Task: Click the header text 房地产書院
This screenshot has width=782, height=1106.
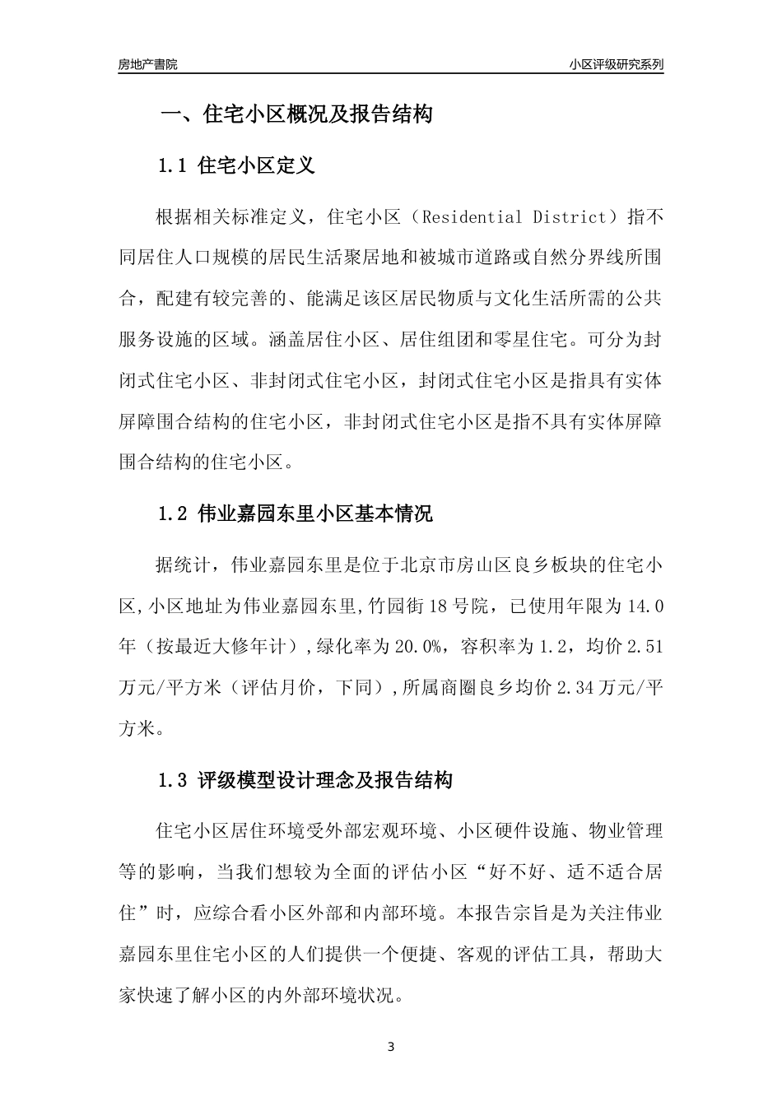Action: (x=147, y=63)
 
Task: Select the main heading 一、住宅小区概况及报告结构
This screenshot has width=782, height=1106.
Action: (x=296, y=114)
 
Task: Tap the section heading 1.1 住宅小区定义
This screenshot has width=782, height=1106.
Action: (x=236, y=165)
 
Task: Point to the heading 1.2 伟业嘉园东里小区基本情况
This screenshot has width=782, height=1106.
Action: (x=295, y=514)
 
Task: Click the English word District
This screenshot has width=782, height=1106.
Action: (x=570, y=217)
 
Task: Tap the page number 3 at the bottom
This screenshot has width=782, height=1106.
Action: (x=391, y=1047)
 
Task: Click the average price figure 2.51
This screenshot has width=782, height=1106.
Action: (x=645, y=647)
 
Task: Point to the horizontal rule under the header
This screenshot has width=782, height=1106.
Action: (x=391, y=74)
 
